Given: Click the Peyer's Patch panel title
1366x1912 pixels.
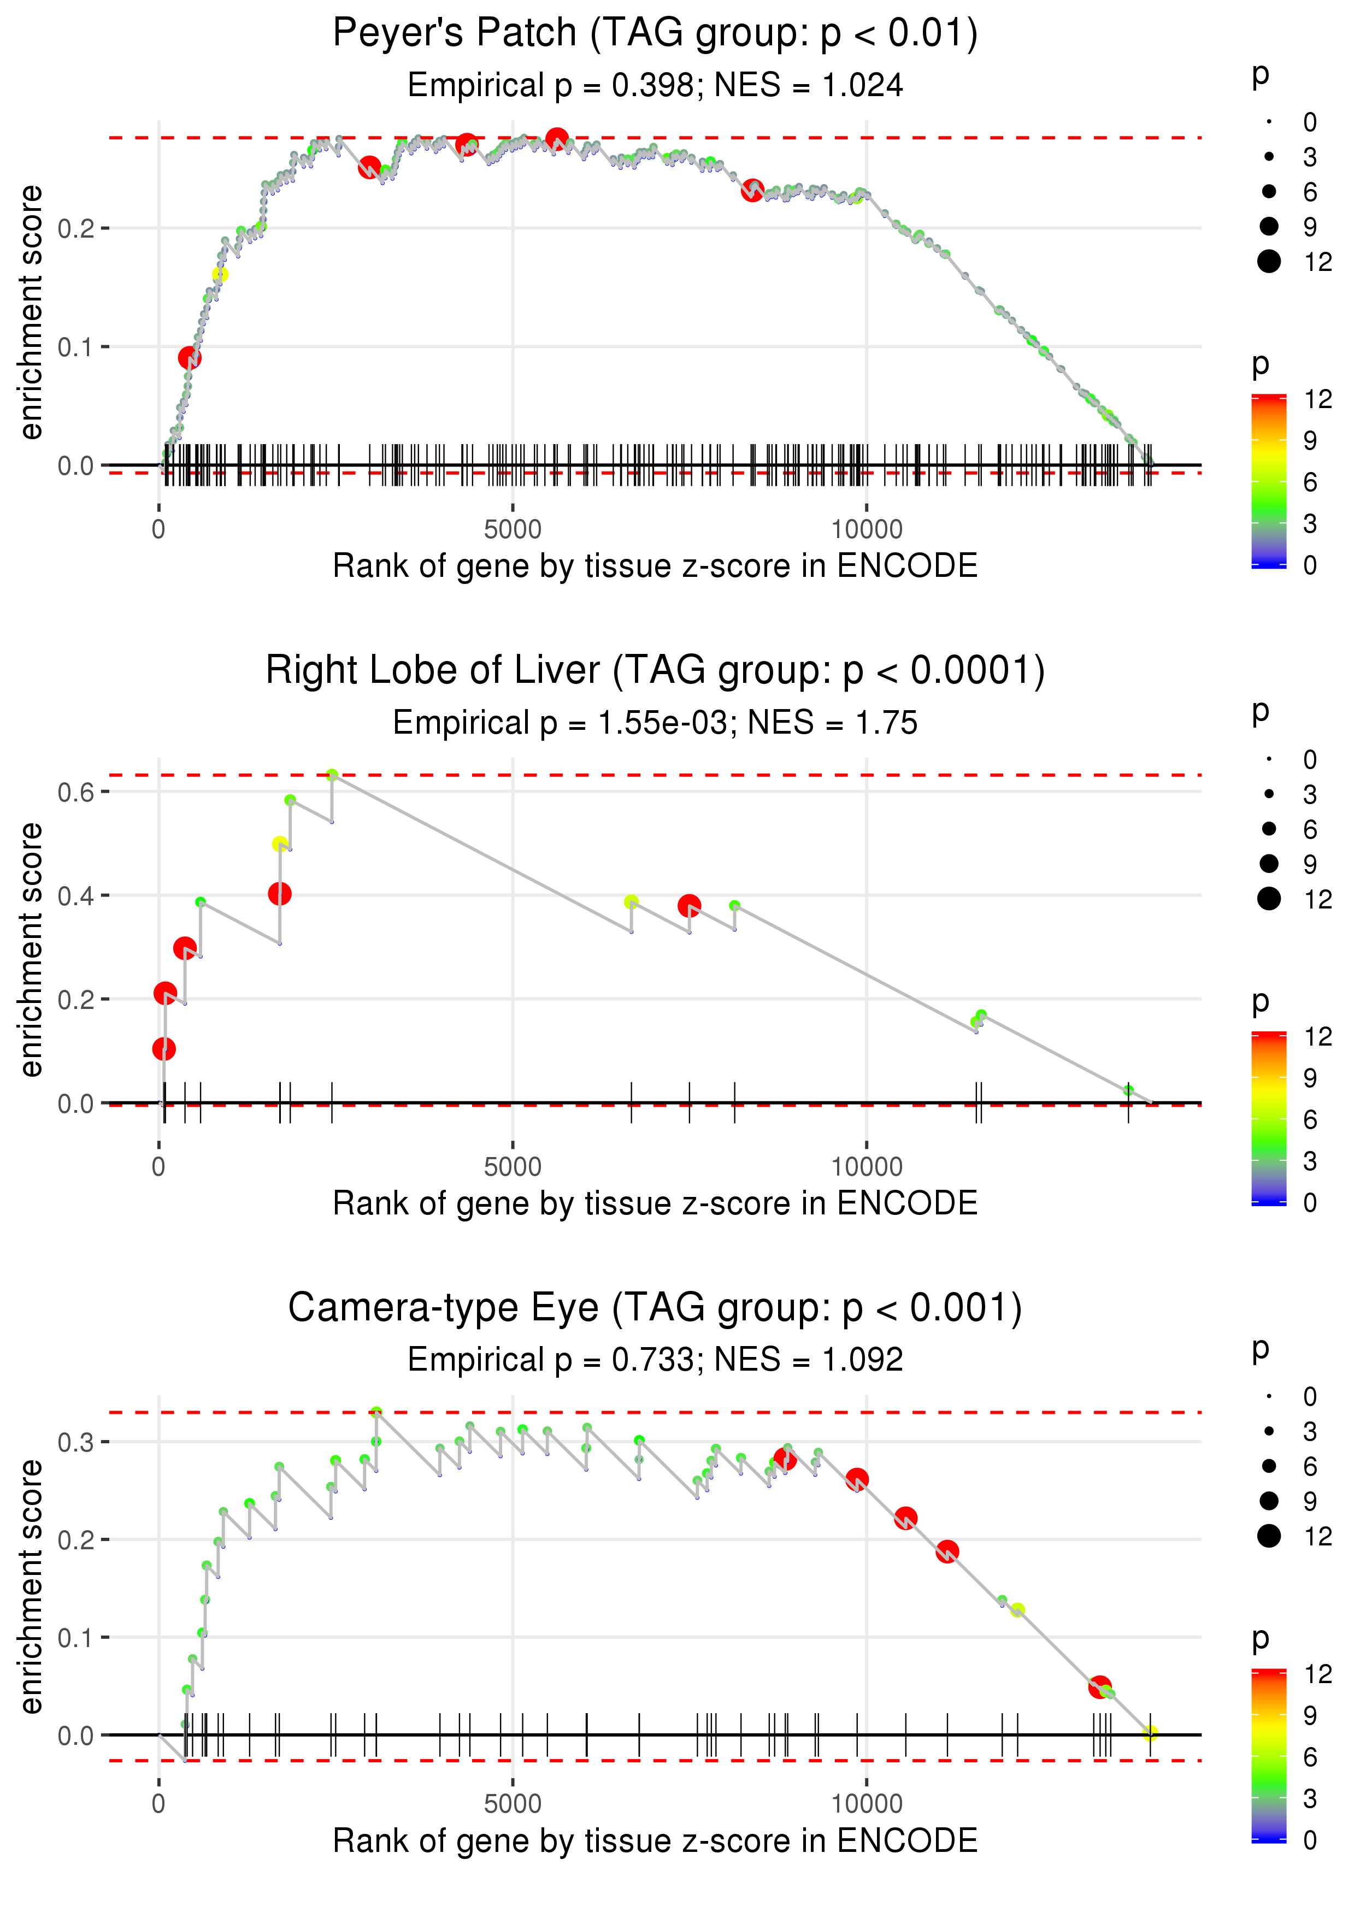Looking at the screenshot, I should click(x=655, y=34).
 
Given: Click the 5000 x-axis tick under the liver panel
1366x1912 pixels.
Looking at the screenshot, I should click(x=513, y=1167).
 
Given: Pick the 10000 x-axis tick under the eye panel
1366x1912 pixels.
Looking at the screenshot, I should click(x=867, y=1803).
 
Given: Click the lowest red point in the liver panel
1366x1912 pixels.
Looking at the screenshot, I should click(x=164, y=1048).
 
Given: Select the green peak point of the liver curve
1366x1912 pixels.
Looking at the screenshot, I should click(x=332, y=775).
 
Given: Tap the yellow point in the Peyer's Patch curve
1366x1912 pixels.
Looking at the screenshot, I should click(x=220, y=275).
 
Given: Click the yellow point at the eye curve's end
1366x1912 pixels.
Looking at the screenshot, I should click(x=1150, y=1734).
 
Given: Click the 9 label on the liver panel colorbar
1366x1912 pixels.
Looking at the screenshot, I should click(x=1310, y=1078).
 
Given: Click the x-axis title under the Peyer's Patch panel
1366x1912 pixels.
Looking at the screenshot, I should click(x=655, y=566).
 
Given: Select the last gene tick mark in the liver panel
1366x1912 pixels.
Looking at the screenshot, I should click(x=1129, y=1103).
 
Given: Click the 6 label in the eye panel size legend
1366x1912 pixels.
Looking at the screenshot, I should click(x=1310, y=1466).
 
